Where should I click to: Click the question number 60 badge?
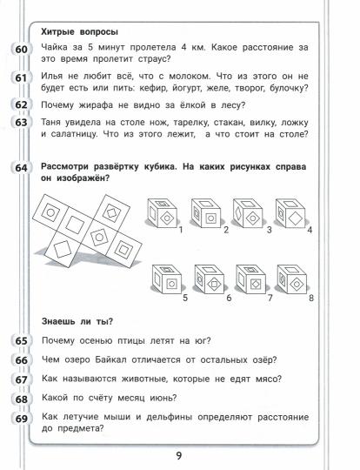click(21, 50)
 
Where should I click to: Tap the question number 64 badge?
click(21, 168)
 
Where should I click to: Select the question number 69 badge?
click(21, 419)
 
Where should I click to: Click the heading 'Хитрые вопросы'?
click(79, 32)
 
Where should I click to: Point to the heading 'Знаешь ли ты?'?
click(77, 322)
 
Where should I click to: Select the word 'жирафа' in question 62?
click(96, 105)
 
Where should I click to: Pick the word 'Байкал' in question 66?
click(111, 359)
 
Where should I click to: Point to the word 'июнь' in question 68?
click(163, 398)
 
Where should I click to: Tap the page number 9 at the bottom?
click(179, 456)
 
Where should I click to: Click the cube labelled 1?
click(162, 213)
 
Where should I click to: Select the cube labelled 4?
click(290, 213)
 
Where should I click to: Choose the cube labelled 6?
click(210, 279)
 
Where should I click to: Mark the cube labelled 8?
click(292, 279)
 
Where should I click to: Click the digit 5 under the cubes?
click(185, 298)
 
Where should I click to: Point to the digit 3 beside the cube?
click(270, 230)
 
